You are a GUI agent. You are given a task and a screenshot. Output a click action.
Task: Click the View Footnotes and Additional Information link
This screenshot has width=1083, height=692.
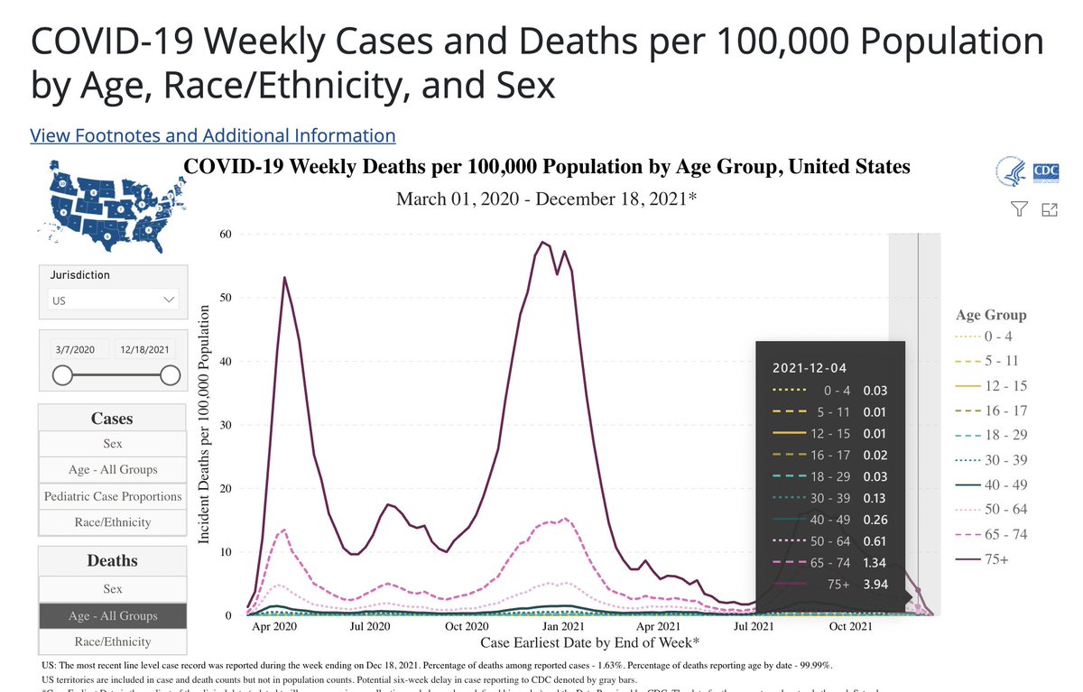(213, 135)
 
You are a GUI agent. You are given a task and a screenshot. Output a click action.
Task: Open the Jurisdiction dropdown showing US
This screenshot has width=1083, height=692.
(113, 300)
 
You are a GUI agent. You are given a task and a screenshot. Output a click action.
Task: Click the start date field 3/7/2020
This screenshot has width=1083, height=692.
(75, 349)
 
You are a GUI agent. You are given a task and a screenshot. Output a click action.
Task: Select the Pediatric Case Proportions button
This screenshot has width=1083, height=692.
(113, 496)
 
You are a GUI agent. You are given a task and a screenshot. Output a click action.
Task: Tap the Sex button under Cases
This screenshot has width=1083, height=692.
(113, 444)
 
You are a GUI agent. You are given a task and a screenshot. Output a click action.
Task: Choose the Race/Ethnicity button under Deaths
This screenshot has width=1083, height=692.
(113, 641)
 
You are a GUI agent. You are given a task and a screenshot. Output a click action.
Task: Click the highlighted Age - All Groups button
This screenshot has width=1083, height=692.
(113, 615)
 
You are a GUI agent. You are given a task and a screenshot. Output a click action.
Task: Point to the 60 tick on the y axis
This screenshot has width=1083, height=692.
(227, 234)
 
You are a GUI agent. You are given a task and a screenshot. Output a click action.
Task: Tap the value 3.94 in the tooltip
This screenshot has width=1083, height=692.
(875, 584)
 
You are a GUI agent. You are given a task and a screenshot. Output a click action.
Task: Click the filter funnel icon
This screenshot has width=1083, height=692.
(1019, 209)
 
